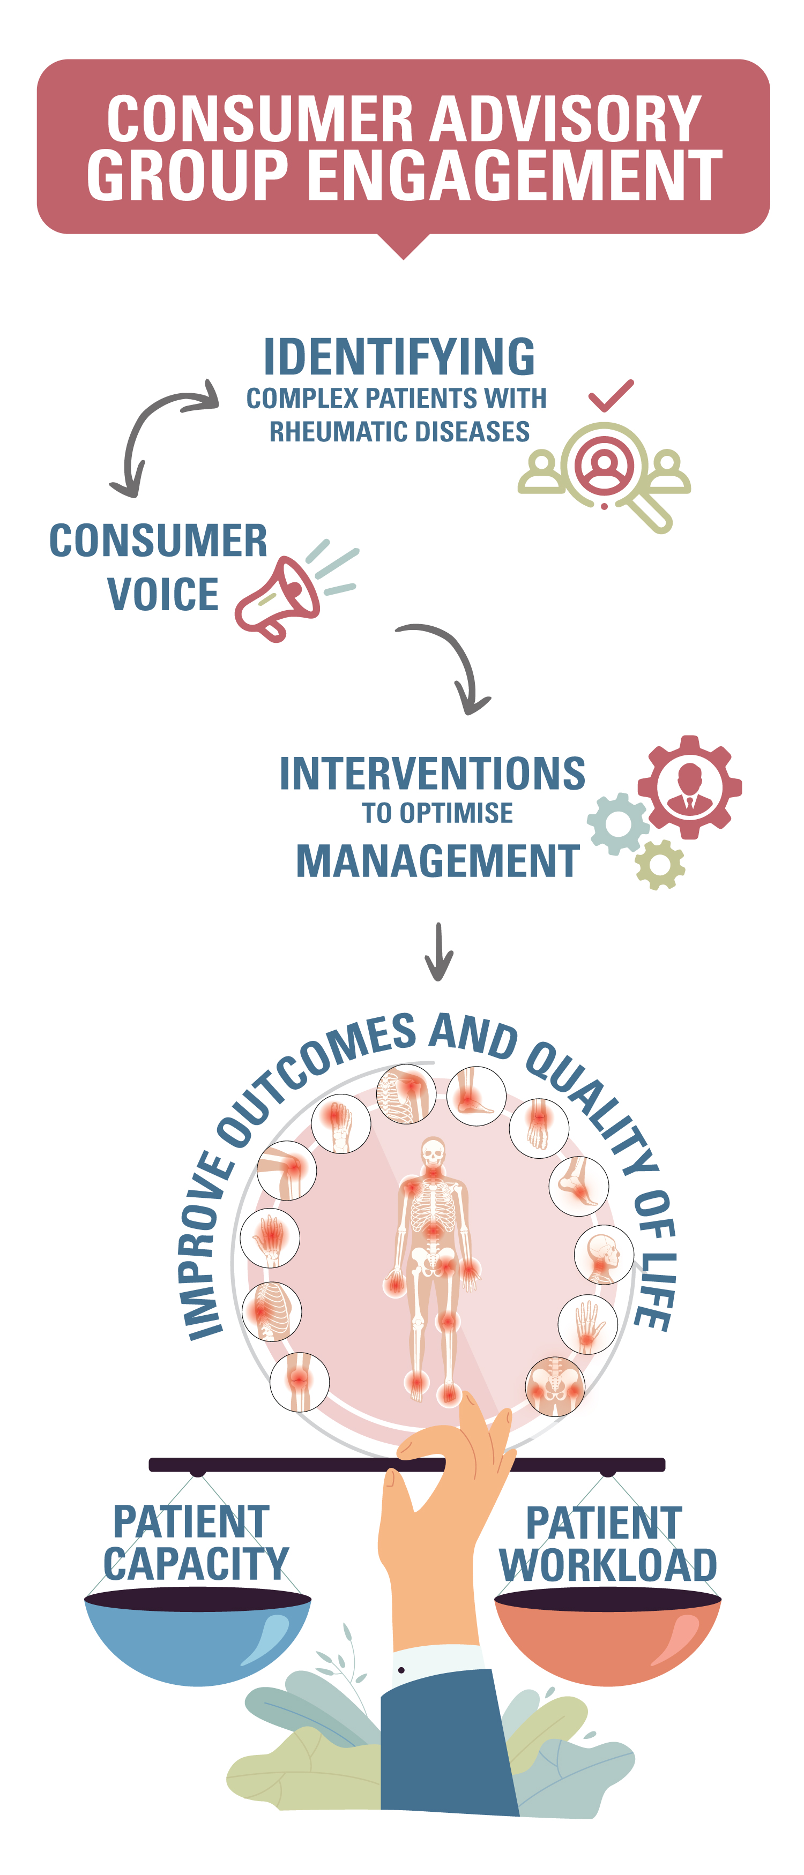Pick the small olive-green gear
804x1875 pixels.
[660, 864]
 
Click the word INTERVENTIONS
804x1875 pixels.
[433, 773]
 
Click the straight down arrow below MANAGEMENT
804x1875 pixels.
[438, 951]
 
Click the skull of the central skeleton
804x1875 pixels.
[433, 1152]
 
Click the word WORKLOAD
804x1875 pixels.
[608, 1565]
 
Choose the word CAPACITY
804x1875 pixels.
[196, 1563]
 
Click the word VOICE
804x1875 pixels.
[162, 594]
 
